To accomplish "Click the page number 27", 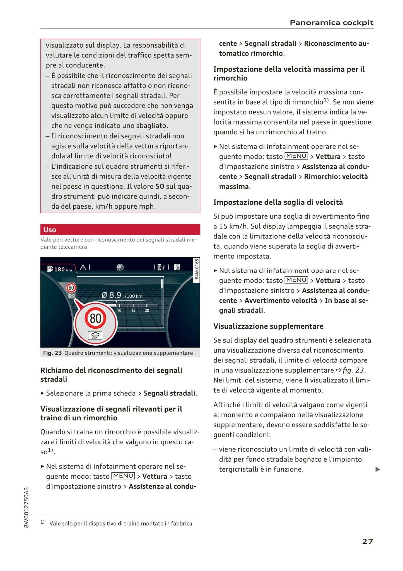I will point(367,541).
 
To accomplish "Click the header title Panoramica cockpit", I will point(331,23).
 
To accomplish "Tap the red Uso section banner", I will point(120,230).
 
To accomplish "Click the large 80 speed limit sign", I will point(95,318).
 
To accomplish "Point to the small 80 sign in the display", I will point(71,287).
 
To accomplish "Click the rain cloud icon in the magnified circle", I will point(95,335).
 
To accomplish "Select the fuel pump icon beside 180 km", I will point(50,269).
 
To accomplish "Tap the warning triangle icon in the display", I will point(83,268).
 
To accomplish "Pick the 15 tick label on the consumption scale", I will point(133,311).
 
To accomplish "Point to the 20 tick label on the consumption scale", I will point(147,311).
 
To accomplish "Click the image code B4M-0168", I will point(197,269).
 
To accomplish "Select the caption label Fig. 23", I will point(52,353).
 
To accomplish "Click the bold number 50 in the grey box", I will point(160,186).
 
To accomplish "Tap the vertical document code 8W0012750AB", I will point(26,507).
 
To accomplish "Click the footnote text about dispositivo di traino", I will point(120,523).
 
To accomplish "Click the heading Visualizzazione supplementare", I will point(268,326).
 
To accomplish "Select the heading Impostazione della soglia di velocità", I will point(278,202).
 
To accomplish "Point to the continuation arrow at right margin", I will point(378,470).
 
